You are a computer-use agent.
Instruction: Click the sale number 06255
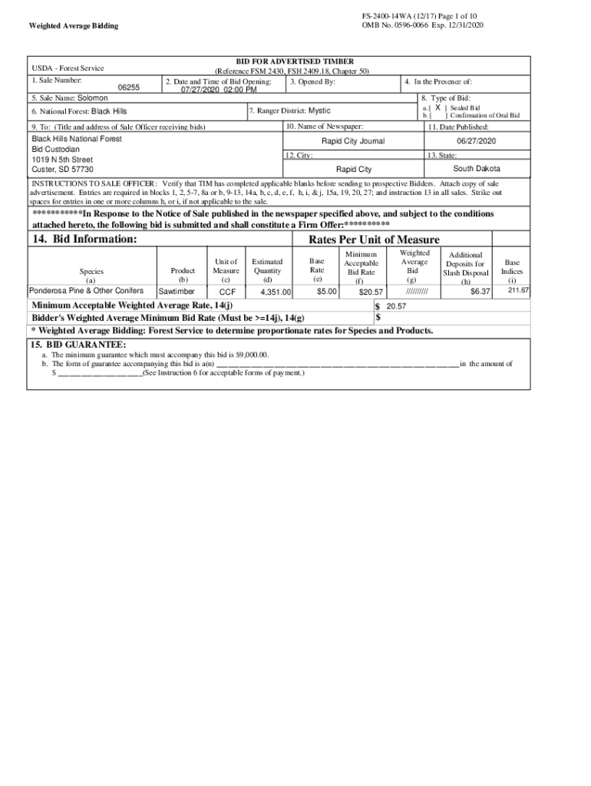128,88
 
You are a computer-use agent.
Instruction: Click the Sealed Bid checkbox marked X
437,108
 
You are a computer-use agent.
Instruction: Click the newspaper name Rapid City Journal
353,141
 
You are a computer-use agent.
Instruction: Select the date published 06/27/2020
477,141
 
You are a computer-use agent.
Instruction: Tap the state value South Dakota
477,169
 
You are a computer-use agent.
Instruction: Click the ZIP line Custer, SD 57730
62,169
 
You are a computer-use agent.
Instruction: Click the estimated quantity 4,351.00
276,292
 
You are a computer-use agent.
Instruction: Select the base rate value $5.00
328,292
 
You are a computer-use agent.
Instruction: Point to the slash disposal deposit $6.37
480,292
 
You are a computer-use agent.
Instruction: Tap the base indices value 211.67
518,290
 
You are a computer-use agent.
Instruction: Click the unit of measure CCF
227,292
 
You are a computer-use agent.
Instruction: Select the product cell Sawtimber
177,292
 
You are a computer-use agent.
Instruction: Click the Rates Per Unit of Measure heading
374,239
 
